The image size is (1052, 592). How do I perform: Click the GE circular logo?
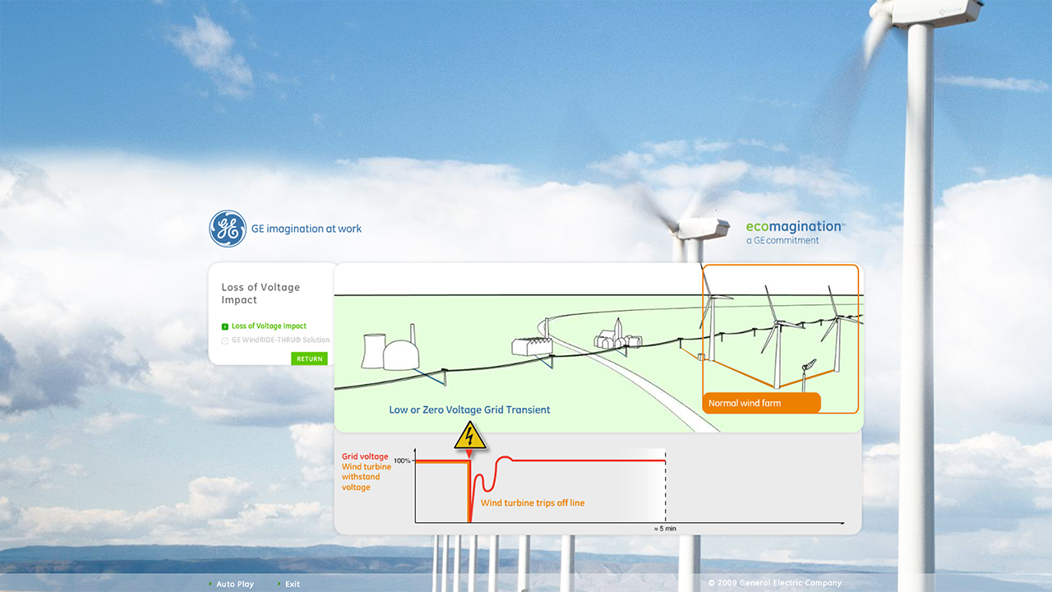pyautogui.click(x=228, y=229)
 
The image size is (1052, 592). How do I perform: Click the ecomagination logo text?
pyautogui.click(x=794, y=227)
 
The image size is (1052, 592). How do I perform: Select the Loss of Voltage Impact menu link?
pyautogui.click(x=269, y=326)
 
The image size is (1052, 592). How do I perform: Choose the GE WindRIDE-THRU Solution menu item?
pyautogui.click(x=280, y=340)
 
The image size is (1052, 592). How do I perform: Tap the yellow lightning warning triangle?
pyautogui.click(x=470, y=436)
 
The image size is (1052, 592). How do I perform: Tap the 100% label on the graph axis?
pyautogui.click(x=402, y=460)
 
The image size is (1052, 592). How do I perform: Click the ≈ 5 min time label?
pyautogui.click(x=665, y=529)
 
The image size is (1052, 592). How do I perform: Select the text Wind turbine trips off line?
pyautogui.click(x=533, y=502)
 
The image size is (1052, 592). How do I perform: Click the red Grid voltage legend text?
pyautogui.click(x=365, y=456)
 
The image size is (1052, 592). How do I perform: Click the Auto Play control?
pyautogui.click(x=235, y=584)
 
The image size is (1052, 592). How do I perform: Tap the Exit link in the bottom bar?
pyautogui.click(x=293, y=584)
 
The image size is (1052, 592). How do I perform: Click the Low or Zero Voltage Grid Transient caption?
pyautogui.click(x=469, y=409)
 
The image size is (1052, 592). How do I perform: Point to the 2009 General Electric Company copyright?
pyautogui.click(x=775, y=583)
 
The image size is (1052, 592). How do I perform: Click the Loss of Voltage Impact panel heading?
pyautogui.click(x=261, y=294)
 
